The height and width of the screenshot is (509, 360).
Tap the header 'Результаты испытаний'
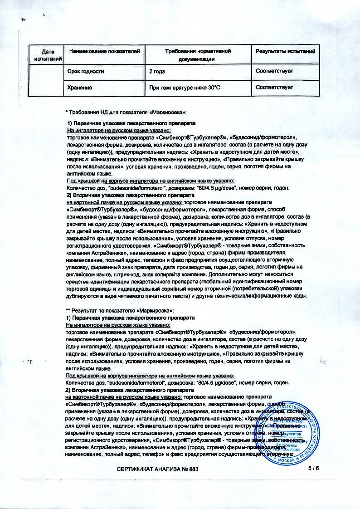pos(285,51)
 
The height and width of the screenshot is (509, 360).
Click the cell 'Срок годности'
pos(86,71)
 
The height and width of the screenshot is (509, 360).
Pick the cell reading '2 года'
pos(157,71)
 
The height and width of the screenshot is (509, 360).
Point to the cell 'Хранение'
pos(80,87)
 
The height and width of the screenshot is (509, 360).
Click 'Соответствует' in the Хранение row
pos(274,87)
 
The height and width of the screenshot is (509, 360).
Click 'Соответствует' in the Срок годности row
pos(274,71)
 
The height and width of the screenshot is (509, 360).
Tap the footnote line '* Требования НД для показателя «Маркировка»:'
pos(126,111)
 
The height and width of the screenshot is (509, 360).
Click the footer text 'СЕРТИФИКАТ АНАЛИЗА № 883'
pos(157,468)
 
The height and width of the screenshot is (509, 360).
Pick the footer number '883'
pos(192,468)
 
